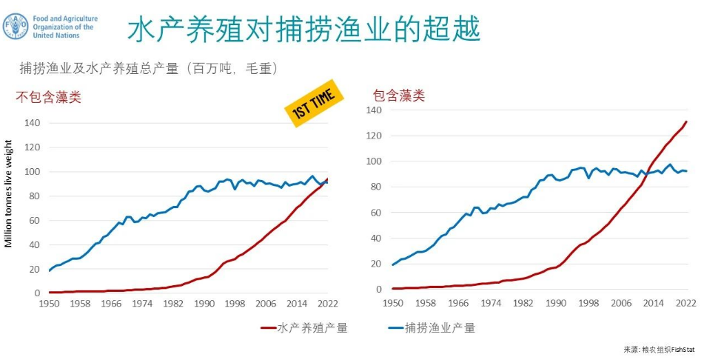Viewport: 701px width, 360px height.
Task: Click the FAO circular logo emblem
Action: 16,26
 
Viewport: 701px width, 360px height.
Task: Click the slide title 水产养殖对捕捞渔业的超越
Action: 303,30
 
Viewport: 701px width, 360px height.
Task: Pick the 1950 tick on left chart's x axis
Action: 49,304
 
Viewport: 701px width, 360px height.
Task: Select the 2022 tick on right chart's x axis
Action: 685,302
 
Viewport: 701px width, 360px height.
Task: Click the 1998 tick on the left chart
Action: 235,304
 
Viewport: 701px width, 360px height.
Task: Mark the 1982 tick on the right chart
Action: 523,302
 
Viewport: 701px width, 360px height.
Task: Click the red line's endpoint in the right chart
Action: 686,121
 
